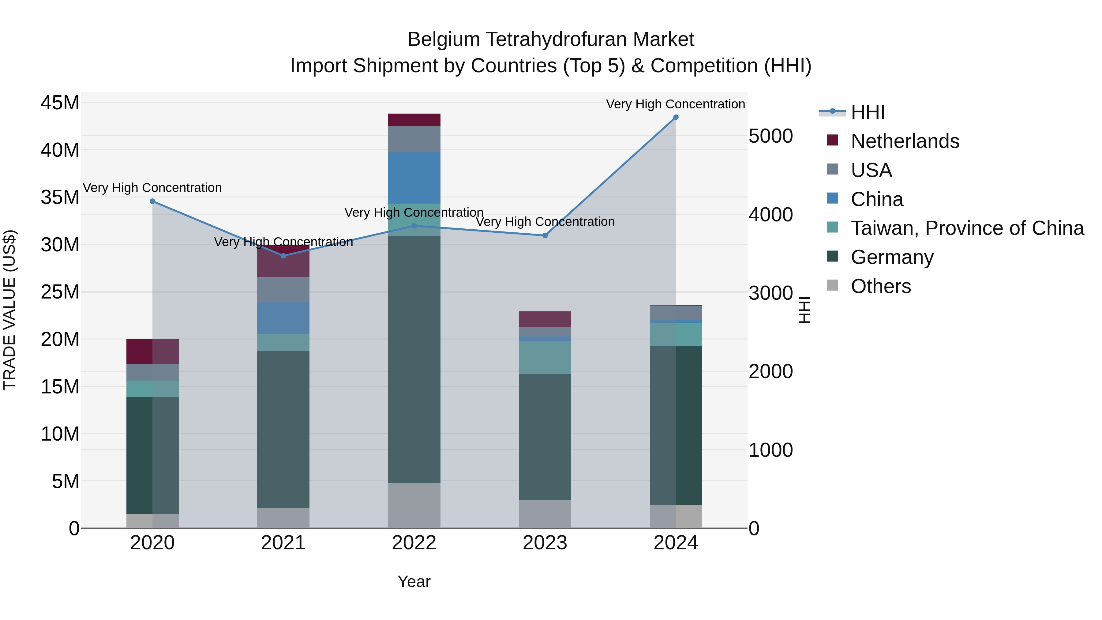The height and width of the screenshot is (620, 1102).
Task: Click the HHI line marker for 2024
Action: click(x=676, y=117)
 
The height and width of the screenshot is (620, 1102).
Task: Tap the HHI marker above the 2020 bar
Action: click(x=152, y=201)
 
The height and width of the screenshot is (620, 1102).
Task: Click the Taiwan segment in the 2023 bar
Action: click(x=545, y=357)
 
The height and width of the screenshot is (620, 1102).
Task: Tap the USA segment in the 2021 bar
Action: click(x=283, y=289)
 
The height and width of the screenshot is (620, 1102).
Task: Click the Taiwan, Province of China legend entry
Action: click(x=967, y=228)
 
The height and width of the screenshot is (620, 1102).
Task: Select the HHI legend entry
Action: click(x=867, y=112)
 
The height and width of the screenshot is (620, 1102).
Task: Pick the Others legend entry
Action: click(x=880, y=286)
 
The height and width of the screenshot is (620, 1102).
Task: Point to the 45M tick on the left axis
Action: click(x=60, y=103)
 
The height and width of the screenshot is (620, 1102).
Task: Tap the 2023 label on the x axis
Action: click(x=545, y=543)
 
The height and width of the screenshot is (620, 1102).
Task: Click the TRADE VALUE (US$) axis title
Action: click(x=9, y=310)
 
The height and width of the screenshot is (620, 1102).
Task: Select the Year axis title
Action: click(x=414, y=581)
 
